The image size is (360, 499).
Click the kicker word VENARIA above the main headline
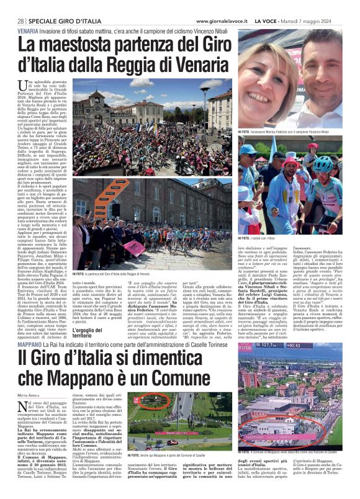pyautogui.click(x=31, y=30)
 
